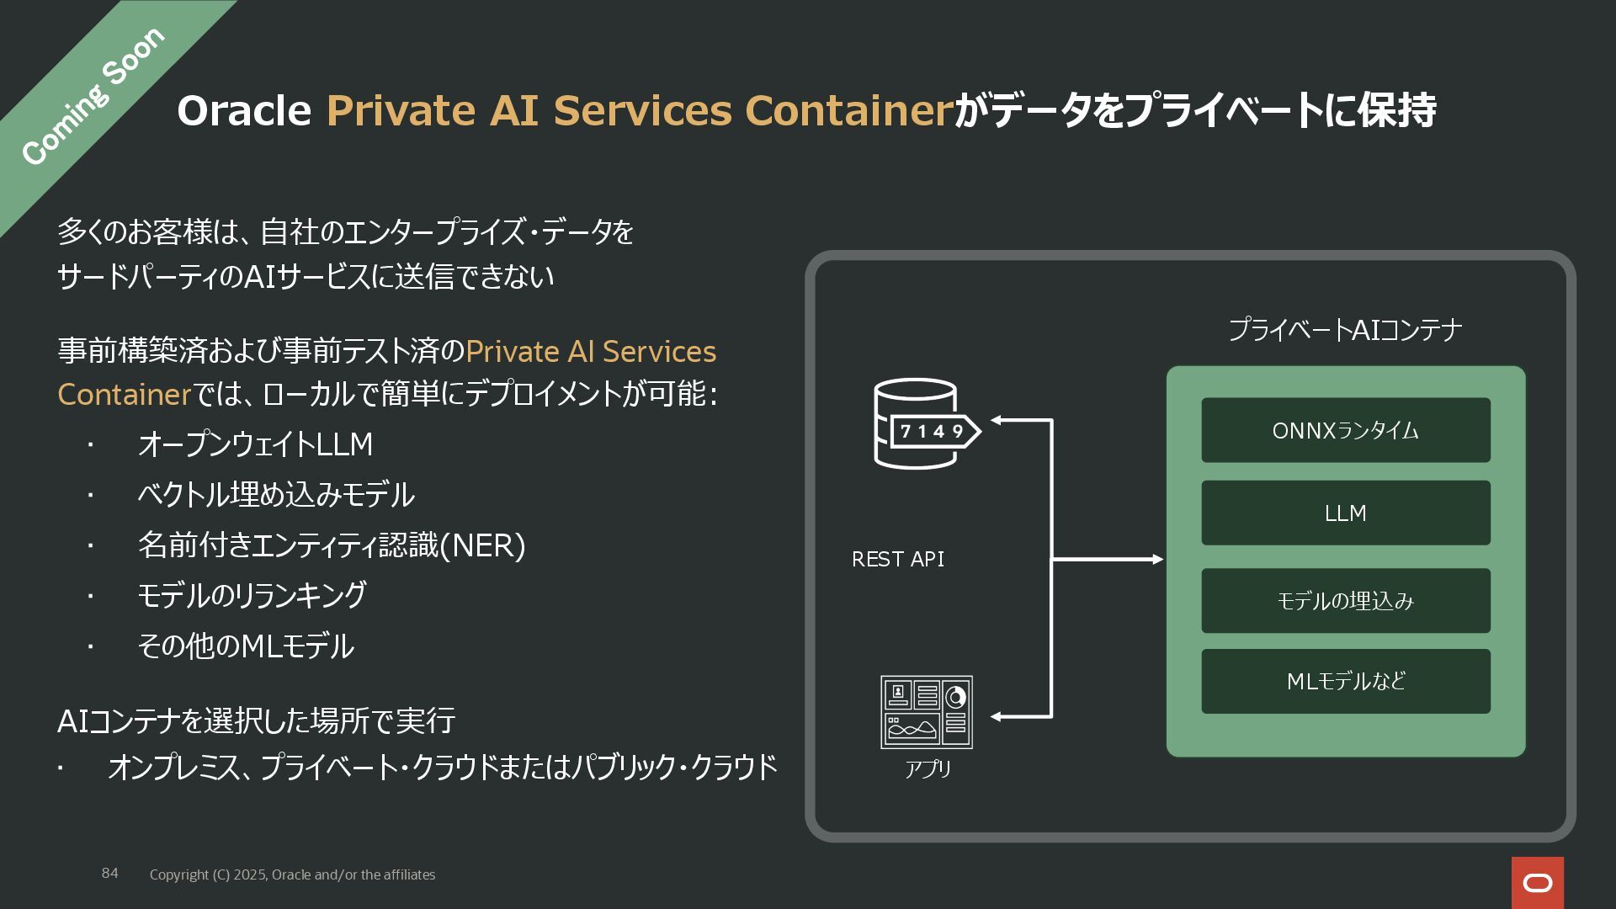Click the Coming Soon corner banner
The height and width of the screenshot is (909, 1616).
(x=93, y=97)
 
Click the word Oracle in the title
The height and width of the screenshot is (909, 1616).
(x=244, y=110)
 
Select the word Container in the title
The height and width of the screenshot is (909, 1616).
(x=848, y=110)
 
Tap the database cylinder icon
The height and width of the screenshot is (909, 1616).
(x=916, y=423)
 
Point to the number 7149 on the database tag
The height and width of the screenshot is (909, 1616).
(x=932, y=432)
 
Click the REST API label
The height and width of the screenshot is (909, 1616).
(x=897, y=560)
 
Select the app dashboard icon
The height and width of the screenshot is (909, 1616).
(x=926, y=712)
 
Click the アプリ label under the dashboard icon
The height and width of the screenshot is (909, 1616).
(x=928, y=768)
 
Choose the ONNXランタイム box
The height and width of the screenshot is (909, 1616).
(x=1345, y=430)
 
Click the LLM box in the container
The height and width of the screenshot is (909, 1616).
(x=1345, y=513)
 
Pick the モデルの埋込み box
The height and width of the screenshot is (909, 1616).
(x=1345, y=601)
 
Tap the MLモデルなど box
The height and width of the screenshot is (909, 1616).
(x=1345, y=681)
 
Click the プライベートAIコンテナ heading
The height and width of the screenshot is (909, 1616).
(x=1344, y=330)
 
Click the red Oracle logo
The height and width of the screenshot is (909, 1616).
(x=1538, y=882)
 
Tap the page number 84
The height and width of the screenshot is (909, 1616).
(x=110, y=874)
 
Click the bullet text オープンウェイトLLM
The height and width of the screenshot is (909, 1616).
(x=255, y=444)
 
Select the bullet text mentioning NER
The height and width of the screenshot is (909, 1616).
(x=332, y=545)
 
